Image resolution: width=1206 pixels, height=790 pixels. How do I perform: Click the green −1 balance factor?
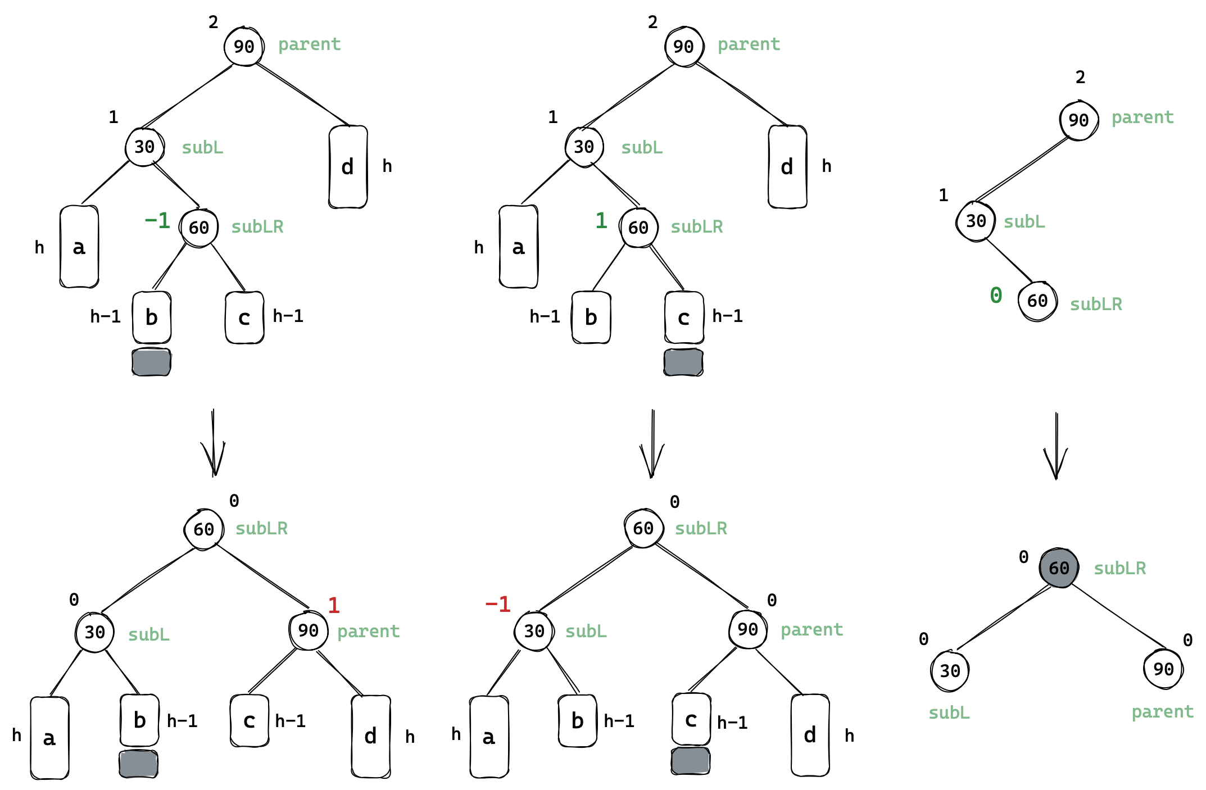pyautogui.click(x=157, y=221)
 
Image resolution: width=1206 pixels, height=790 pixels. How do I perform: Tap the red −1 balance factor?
pyautogui.click(x=497, y=605)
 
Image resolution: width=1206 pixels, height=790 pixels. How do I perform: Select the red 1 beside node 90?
pyautogui.click(x=334, y=606)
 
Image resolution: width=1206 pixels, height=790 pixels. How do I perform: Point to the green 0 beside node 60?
pyautogui.click(x=996, y=295)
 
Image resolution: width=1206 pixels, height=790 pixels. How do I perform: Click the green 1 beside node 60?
pyautogui.click(x=601, y=221)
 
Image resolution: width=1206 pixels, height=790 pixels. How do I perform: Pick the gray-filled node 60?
pyautogui.click(x=1059, y=568)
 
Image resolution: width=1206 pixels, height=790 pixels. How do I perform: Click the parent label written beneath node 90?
pyautogui.click(x=1162, y=712)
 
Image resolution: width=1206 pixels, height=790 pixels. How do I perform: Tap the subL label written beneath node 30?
pyautogui.click(x=949, y=713)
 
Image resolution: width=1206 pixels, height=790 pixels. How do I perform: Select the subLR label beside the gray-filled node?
pyautogui.click(x=1119, y=569)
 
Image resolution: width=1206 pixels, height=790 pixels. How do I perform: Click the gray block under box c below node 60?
pyautogui.click(x=683, y=362)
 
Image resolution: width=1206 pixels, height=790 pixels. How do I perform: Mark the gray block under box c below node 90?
pyautogui.click(x=691, y=761)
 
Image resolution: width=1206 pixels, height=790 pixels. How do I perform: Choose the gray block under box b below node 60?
pyautogui.click(x=152, y=362)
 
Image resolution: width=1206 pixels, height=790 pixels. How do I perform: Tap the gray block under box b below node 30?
pyautogui.click(x=139, y=764)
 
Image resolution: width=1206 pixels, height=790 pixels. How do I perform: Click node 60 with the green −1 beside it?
pyautogui.click(x=199, y=228)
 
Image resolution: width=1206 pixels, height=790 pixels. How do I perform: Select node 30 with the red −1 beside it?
pyautogui.click(x=534, y=631)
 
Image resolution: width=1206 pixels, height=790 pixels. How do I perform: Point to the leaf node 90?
pyautogui.click(x=1163, y=669)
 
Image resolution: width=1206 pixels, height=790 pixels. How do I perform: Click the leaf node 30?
pyautogui.click(x=950, y=670)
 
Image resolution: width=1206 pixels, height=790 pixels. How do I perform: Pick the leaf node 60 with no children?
pyautogui.click(x=1037, y=301)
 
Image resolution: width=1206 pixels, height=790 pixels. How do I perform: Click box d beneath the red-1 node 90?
pyautogui.click(x=370, y=736)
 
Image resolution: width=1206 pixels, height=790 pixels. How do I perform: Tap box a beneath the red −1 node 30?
pyautogui.click(x=489, y=737)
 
